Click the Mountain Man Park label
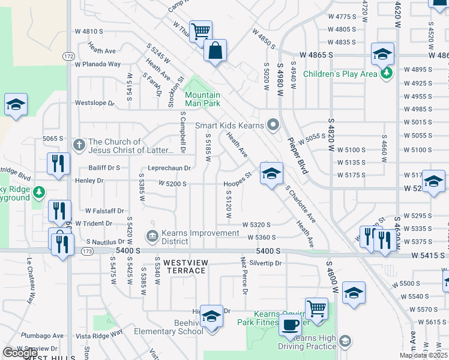pyautogui.click(x=202, y=99)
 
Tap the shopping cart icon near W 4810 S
pyautogui.click(x=200, y=31)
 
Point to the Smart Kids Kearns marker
pyautogui.click(x=274, y=125)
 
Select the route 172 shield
pyautogui.click(x=68, y=56)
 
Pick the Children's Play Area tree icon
pyautogui.click(x=387, y=74)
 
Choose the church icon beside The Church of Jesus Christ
pyautogui.click(x=78, y=145)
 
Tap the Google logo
pyautogui.click(x=20, y=352)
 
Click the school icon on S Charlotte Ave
pyautogui.click(x=271, y=175)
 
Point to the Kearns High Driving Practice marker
pyautogui.click(x=345, y=341)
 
